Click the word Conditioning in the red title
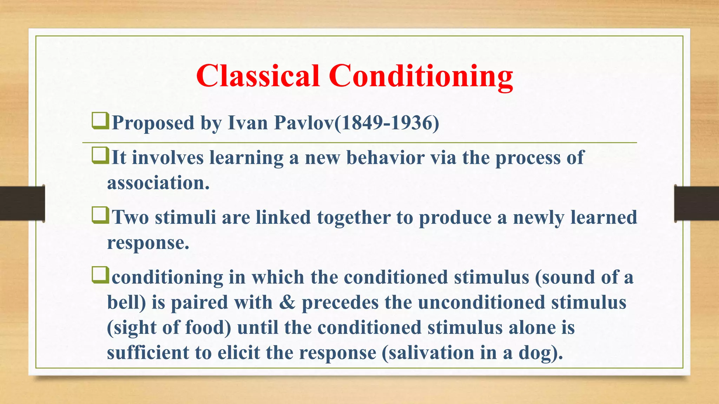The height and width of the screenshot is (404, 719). point(421,78)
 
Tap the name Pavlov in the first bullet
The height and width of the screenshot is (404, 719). point(304,123)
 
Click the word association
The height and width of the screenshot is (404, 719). point(158,183)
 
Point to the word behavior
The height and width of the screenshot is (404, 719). point(385,157)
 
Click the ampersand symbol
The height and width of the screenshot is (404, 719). point(287,302)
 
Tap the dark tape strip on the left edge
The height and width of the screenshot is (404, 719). point(22,203)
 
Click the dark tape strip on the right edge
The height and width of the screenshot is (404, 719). point(697,203)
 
